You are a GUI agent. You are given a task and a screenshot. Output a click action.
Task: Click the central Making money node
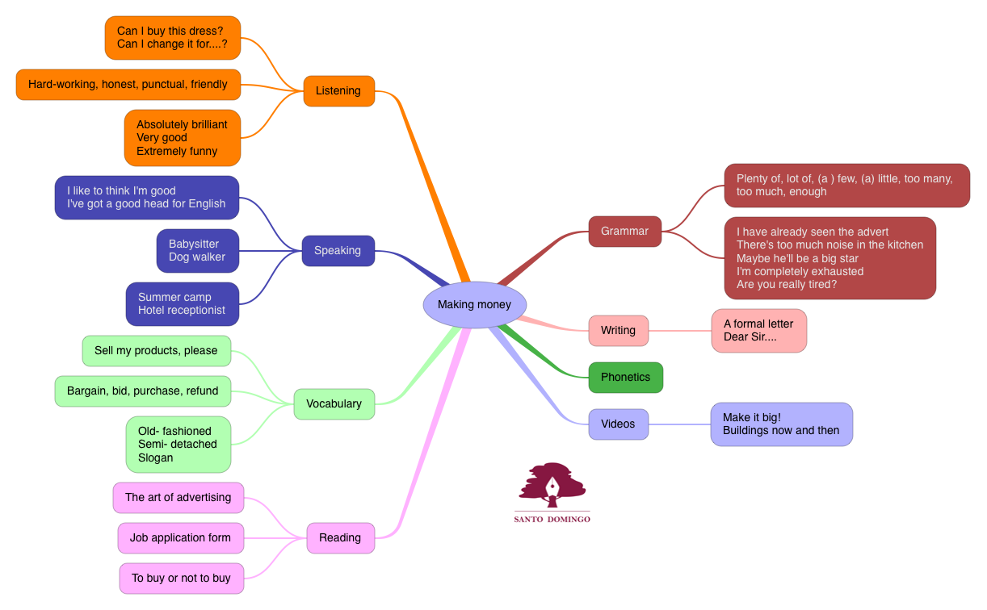tap(474, 304)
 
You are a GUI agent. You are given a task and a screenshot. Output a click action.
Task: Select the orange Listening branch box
tap(338, 90)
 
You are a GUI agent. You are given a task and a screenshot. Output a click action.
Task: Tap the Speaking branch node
tap(338, 250)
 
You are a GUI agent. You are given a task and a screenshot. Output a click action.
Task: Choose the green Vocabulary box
tap(334, 403)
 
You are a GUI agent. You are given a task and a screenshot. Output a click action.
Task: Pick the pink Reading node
tap(340, 537)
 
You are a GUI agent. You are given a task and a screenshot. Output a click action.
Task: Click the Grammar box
tap(624, 231)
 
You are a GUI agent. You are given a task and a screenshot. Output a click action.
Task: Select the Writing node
tap(618, 330)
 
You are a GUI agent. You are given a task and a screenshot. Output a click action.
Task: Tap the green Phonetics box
tap(625, 377)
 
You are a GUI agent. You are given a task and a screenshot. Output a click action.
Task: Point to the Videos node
tap(618, 424)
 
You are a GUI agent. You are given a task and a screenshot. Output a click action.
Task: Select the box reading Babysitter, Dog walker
tap(197, 250)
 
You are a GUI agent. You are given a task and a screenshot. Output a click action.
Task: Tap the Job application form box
tap(180, 537)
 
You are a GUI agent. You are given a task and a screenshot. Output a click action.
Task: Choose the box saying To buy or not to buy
tap(181, 578)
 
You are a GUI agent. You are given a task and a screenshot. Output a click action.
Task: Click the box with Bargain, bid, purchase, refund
tap(142, 391)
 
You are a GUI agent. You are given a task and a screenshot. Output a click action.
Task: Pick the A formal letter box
tap(758, 330)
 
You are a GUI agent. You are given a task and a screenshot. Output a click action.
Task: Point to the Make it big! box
tap(781, 424)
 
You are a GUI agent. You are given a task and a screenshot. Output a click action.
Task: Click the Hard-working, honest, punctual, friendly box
tap(128, 84)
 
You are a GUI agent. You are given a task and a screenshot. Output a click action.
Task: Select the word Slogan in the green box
tap(156, 457)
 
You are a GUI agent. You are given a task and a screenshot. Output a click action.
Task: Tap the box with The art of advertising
tap(178, 497)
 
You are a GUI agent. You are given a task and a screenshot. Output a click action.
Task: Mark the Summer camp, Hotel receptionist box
tap(182, 303)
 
